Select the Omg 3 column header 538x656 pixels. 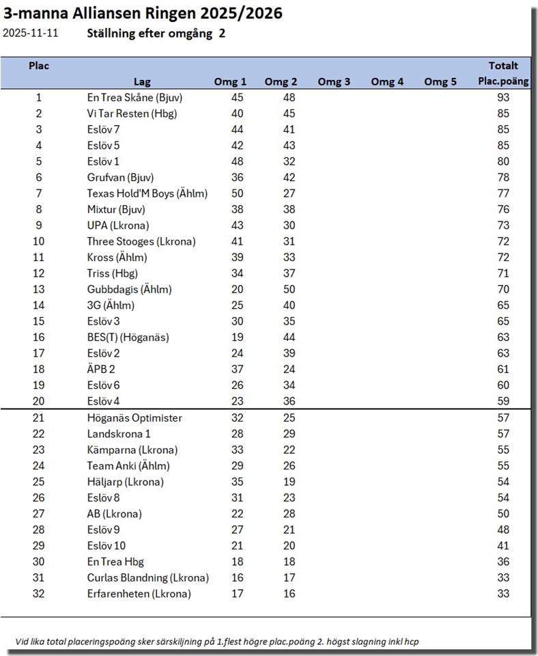pyautogui.click(x=334, y=82)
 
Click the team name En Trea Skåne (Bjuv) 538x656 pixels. pyautogui.click(x=134, y=98)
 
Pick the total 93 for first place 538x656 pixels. pyautogui.click(x=503, y=98)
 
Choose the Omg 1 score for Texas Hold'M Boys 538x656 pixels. pyautogui.click(x=237, y=193)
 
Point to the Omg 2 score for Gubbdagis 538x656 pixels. pyautogui.click(x=289, y=289)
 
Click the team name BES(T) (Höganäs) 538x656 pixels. pyautogui.click(x=128, y=337)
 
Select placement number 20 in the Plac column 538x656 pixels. pyautogui.click(x=38, y=401)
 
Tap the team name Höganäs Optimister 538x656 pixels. pyautogui.click(x=134, y=418)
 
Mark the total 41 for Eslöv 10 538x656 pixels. pyautogui.click(x=503, y=545)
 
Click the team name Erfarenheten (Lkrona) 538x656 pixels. pyautogui.click(x=139, y=594)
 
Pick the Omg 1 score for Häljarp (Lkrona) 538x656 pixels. pyautogui.click(x=237, y=482)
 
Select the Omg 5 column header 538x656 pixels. pyautogui.click(x=440, y=82)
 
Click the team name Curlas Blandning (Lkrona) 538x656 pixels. pyautogui.click(x=147, y=577)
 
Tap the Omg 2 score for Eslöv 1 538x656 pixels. pyautogui.click(x=289, y=162)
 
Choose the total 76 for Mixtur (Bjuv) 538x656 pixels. pyautogui.click(x=503, y=210)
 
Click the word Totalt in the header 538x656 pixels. pyautogui.click(x=503, y=66)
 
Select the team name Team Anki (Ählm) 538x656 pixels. pyautogui.click(x=128, y=465)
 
